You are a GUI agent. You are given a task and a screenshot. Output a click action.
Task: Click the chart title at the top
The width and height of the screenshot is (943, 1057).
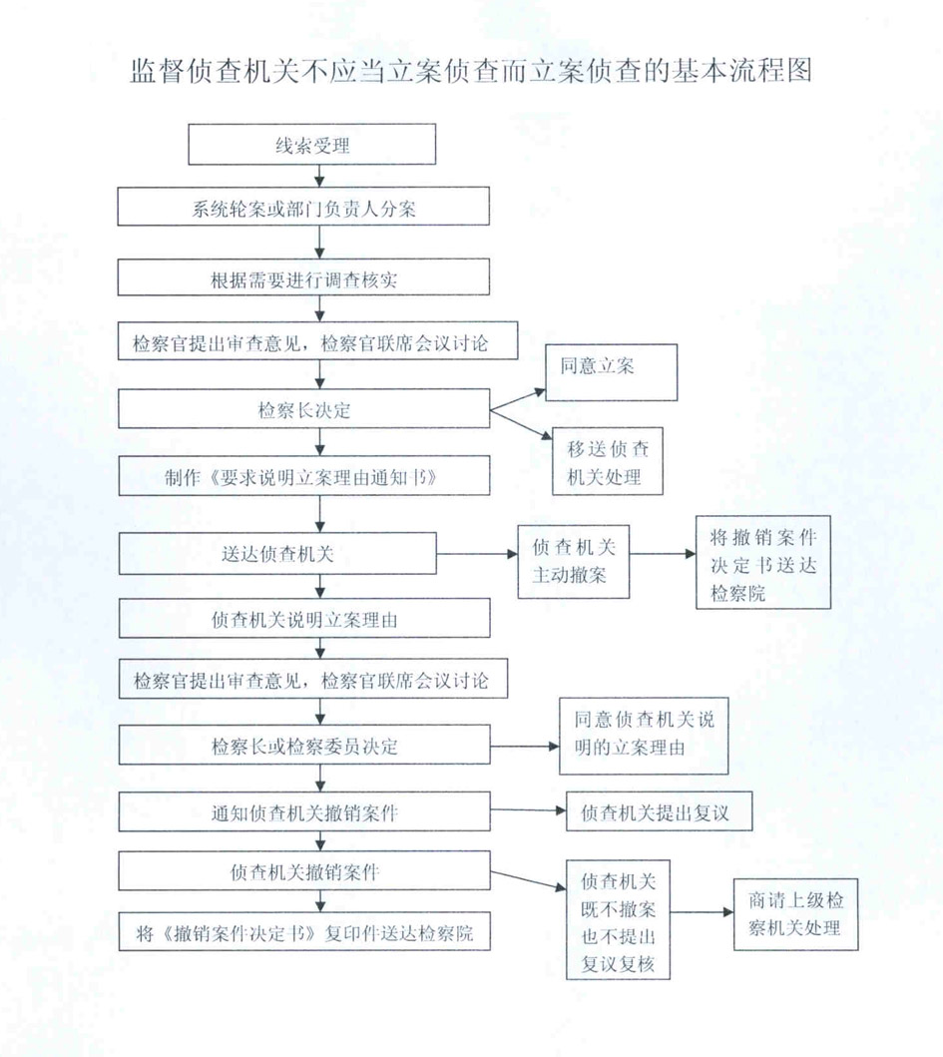(471, 71)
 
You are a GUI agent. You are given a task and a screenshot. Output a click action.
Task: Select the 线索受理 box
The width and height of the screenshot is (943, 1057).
(311, 145)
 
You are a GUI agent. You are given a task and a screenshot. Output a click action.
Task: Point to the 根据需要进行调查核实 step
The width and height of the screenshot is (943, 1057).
(303, 277)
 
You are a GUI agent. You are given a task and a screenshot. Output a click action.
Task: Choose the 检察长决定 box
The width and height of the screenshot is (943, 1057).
(304, 408)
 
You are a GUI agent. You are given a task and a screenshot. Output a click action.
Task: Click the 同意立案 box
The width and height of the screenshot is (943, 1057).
(612, 372)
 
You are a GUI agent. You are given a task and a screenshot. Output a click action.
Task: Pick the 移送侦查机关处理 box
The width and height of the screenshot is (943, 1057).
(608, 461)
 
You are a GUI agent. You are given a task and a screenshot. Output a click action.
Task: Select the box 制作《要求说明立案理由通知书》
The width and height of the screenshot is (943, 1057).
(304, 476)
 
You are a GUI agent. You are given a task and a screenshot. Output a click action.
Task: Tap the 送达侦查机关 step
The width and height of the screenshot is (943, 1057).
(277, 553)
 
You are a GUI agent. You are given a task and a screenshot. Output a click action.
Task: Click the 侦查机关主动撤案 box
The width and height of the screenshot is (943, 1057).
(574, 562)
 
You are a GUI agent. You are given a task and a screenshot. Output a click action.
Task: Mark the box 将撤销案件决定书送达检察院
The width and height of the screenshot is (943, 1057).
(763, 563)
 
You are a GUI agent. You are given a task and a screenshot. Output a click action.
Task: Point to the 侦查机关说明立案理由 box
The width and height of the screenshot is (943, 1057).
(304, 619)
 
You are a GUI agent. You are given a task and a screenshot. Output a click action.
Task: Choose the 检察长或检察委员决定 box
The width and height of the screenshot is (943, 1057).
(304, 745)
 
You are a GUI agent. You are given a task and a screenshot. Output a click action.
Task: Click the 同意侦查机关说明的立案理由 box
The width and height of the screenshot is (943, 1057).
(644, 737)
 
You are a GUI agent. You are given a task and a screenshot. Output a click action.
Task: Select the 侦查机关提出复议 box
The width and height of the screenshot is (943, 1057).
(659, 811)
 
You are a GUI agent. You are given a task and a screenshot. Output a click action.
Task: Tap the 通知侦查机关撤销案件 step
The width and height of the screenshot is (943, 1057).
(304, 811)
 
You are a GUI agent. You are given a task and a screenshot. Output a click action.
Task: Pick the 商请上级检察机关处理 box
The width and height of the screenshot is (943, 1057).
(795, 914)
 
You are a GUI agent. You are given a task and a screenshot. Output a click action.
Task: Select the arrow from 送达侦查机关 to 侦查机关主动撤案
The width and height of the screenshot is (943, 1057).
(477, 554)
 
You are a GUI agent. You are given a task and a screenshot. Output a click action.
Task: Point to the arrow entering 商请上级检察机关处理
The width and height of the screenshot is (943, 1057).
(702, 912)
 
